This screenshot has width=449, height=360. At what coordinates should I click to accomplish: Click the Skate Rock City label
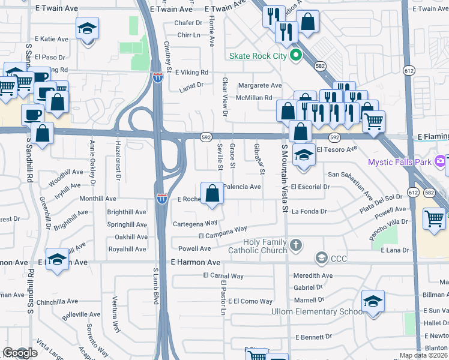[258, 56]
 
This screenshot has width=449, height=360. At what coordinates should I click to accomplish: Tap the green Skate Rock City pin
[295, 56]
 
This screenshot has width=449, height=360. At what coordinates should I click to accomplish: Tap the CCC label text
[339, 258]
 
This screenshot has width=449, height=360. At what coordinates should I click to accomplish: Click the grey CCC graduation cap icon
[321, 258]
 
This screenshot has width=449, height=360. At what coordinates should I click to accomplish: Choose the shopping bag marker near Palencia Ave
[211, 194]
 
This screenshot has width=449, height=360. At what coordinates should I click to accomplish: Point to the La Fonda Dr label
[309, 211]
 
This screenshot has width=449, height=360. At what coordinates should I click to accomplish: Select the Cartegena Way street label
[195, 223]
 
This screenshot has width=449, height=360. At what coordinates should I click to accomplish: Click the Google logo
[20, 353]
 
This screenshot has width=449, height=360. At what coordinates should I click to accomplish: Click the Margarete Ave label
[259, 85]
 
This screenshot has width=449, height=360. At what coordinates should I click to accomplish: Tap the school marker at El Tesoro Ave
[304, 155]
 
